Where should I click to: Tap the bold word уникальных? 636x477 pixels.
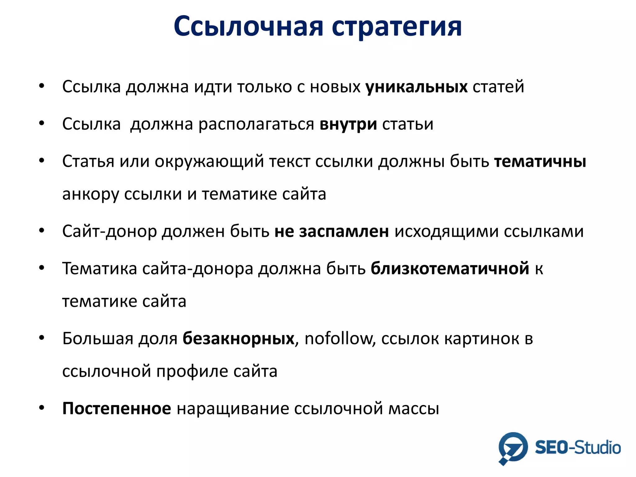pyautogui.click(x=416, y=87)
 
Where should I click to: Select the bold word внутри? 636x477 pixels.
pyautogui.click(x=348, y=124)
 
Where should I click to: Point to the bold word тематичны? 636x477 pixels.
pyautogui.click(x=540, y=162)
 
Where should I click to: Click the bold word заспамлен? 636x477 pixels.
pyautogui.click(x=344, y=231)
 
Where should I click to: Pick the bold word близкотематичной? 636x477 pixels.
pyautogui.click(x=450, y=269)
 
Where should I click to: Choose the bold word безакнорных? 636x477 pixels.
pyautogui.click(x=238, y=338)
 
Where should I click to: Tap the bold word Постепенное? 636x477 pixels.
pyautogui.click(x=116, y=408)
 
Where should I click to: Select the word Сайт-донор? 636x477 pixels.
pyautogui.click(x=109, y=232)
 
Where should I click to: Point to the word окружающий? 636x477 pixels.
pyautogui.click(x=209, y=162)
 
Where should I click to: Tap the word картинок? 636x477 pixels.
pyautogui.click(x=481, y=339)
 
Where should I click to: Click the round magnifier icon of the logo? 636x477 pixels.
pyautogui.click(x=513, y=447)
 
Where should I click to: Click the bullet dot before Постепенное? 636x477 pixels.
pyautogui.click(x=42, y=408)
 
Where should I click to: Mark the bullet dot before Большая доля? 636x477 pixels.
pyautogui.click(x=42, y=338)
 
